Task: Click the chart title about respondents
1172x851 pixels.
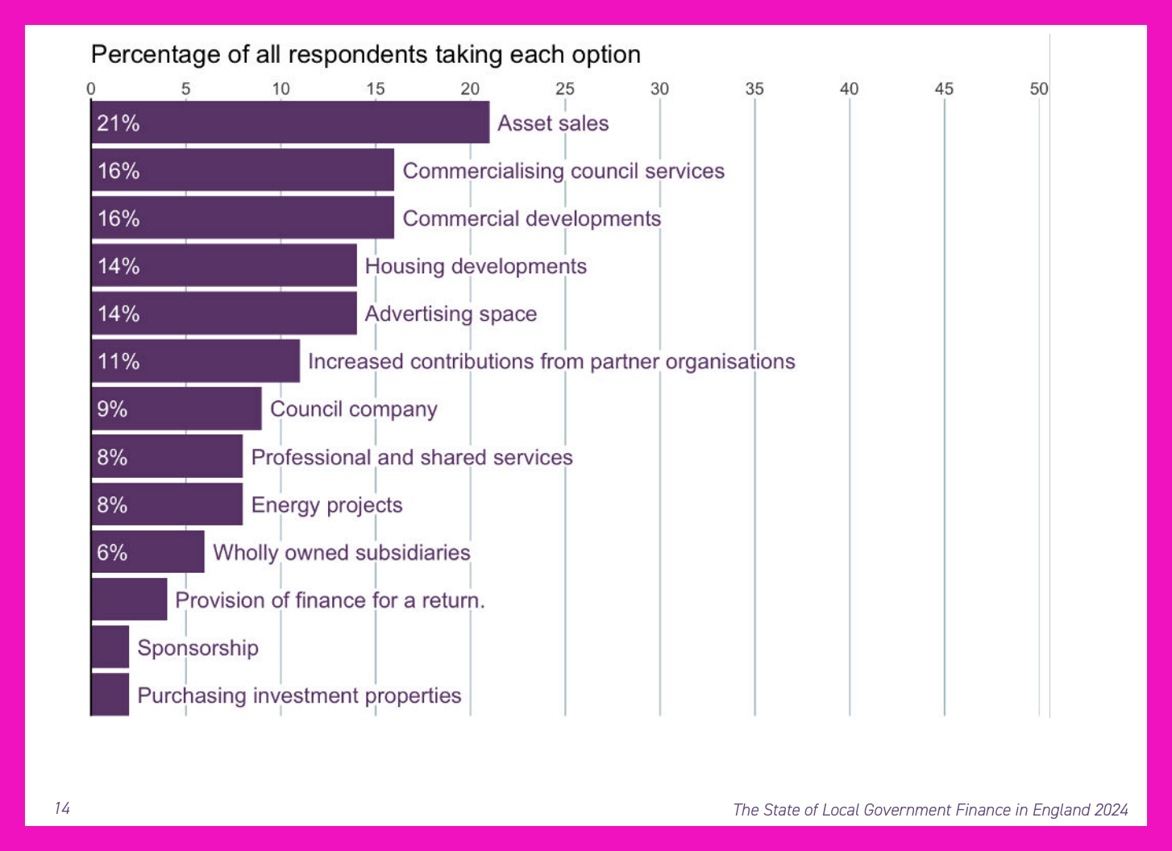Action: tap(366, 55)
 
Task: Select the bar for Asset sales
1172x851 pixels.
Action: tap(290, 122)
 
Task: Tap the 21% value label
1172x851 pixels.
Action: tap(118, 123)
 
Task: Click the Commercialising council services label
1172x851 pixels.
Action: tap(563, 171)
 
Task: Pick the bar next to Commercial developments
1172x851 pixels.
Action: tap(243, 218)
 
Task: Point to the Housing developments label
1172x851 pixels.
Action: tap(476, 266)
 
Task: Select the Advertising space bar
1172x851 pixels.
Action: tap(224, 313)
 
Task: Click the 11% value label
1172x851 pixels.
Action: tap(118, 361)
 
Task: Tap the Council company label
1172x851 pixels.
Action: tap(354, 409)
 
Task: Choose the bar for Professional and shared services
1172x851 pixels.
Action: tap(167, 457)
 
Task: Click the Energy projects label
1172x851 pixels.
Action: tap(327, 505)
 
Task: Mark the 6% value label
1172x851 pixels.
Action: tap(112, 552)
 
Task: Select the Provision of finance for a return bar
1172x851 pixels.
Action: tap(129, 599)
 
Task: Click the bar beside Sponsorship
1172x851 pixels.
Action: tap(110, 646)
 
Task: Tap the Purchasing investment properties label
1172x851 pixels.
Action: tap(299, 696)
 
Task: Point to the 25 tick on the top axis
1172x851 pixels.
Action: tap(565, 89)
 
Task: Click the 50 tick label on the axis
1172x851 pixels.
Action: tap(1039, 89)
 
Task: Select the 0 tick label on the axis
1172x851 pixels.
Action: tap(91, 89)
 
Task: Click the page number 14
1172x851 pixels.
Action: tap(62, 808)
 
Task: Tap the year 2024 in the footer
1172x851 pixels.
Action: tap(1111, 810)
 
